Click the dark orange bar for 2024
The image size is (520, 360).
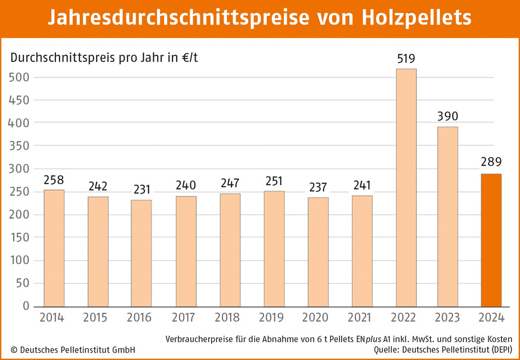tap(491, 240)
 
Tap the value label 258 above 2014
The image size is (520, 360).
tap(54, 179)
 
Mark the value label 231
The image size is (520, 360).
tap(141, 190)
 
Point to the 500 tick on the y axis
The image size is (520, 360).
tap(18, 77)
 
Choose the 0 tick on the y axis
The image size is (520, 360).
tap(26, 306)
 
